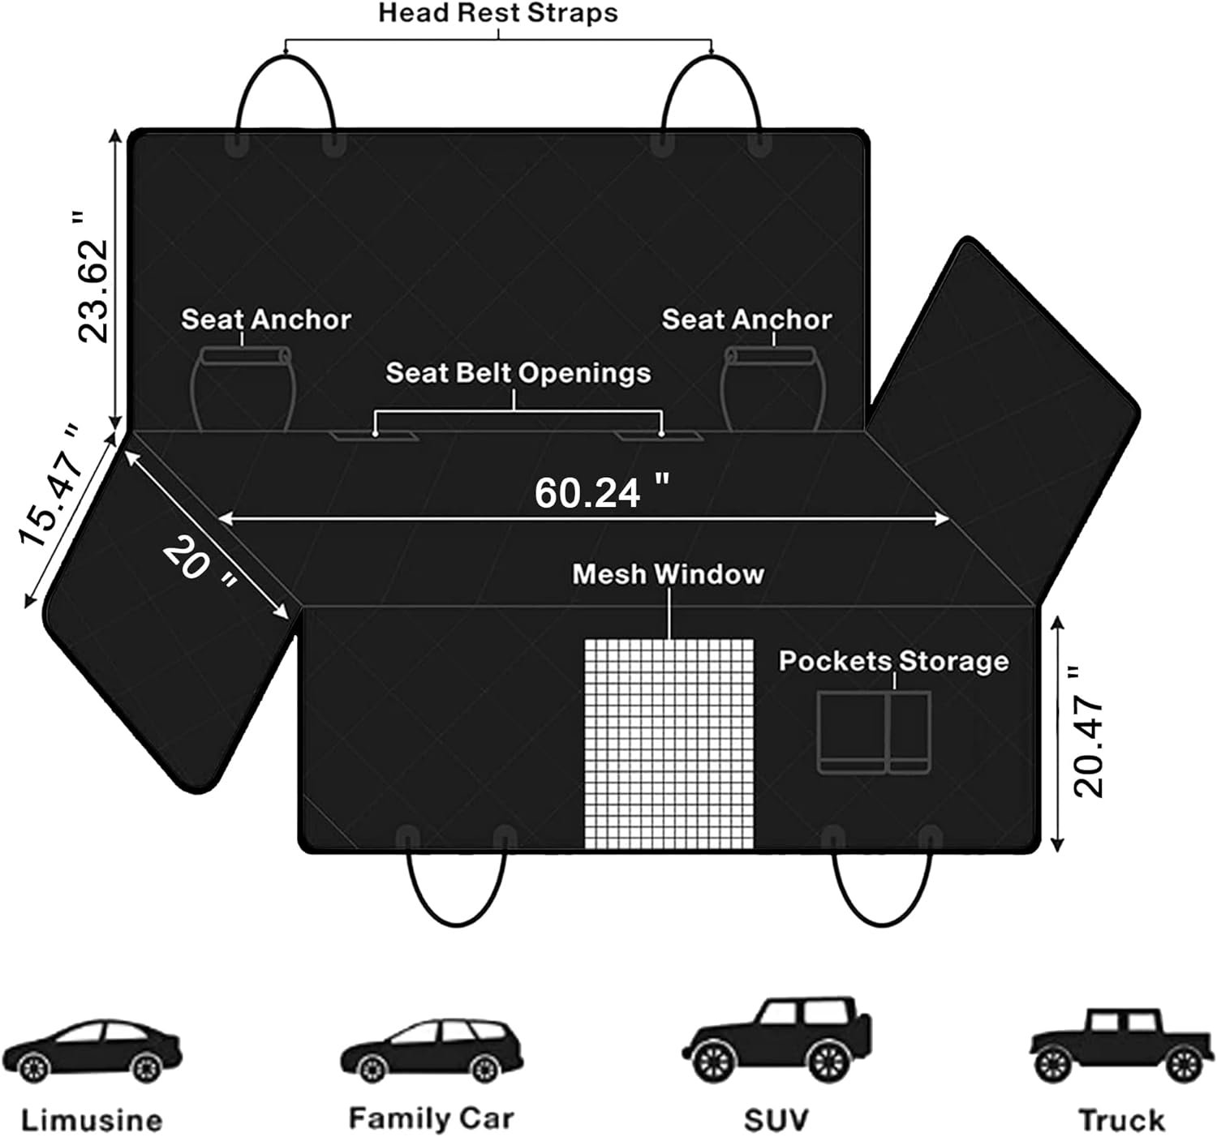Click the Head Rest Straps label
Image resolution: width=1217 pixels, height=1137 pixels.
coord(497,14)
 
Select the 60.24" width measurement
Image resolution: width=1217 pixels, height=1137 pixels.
coord(601,492)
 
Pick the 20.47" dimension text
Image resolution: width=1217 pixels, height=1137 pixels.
coord(1087,732)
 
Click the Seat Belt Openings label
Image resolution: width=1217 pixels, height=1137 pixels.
coord(518,373)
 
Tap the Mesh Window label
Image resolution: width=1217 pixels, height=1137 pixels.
coord(668,574)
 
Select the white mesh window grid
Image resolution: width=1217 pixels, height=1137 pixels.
coord(669,742)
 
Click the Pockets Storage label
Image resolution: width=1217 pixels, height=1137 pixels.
coord(893,661)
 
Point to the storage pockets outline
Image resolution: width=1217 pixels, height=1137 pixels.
coord(873,732)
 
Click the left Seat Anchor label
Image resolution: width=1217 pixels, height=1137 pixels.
coord(265,320)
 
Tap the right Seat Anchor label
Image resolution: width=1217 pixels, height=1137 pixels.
coord(746,320)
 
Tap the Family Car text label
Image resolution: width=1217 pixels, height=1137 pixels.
coord(431,1118)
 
